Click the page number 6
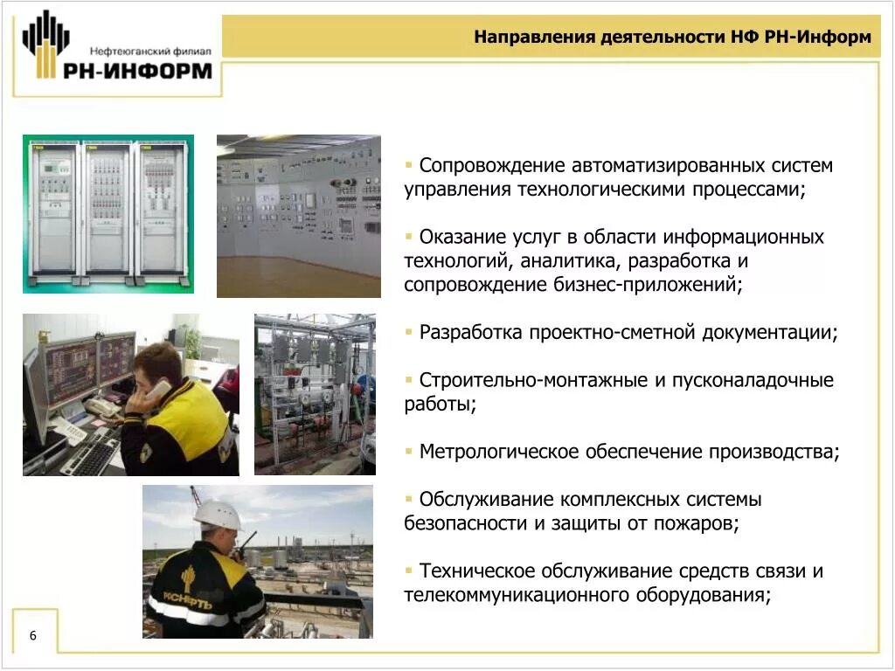[33, 635]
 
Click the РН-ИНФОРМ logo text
[137, 70]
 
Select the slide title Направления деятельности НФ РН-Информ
[672, 38]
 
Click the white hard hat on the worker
[217, 515]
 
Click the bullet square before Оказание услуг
[409, 237]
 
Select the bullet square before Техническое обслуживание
[409, 571]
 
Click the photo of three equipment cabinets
[108, 213]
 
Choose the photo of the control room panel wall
[298, 216]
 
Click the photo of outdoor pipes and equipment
[315, 394]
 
